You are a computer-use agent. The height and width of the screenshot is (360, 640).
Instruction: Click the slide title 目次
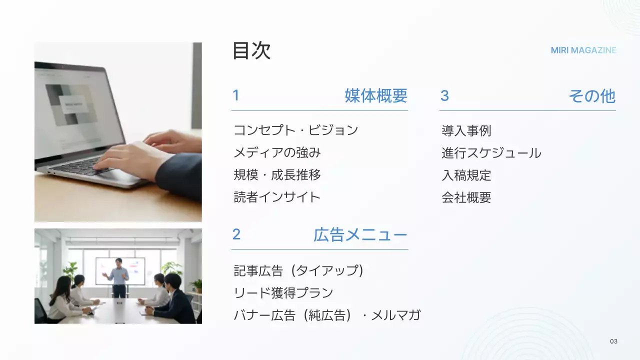251,51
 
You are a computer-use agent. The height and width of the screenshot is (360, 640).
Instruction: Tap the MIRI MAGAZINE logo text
583,50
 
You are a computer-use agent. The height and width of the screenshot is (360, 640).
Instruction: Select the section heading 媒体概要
375,95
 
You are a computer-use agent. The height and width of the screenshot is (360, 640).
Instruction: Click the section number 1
236,95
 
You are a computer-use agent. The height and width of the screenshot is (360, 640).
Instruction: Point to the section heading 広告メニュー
360,234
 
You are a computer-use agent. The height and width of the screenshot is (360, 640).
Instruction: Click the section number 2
236,234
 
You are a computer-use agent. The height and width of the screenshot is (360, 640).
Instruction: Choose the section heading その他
591,96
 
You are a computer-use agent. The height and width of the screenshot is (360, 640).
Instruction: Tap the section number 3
444,95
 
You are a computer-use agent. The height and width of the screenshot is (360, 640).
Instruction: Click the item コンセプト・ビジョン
296,130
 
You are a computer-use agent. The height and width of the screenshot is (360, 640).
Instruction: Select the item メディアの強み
277,152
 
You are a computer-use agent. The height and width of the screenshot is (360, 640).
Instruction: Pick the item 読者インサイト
277,197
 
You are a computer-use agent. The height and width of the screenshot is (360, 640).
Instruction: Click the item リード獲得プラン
283,292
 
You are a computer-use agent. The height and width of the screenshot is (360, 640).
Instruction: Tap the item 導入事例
466,131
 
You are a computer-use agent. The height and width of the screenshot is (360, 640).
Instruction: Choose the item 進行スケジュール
491,153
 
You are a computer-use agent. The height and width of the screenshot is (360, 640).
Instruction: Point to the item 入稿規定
466,175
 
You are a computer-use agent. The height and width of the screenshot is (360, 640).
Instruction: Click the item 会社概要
466,197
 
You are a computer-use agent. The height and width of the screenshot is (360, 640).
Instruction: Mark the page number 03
613,341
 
